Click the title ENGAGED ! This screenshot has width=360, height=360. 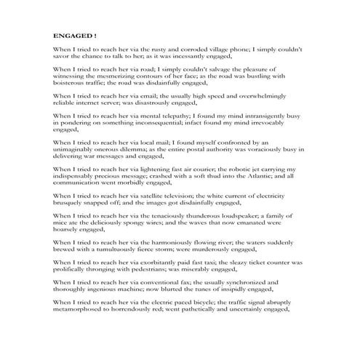(x=76, y=34)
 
